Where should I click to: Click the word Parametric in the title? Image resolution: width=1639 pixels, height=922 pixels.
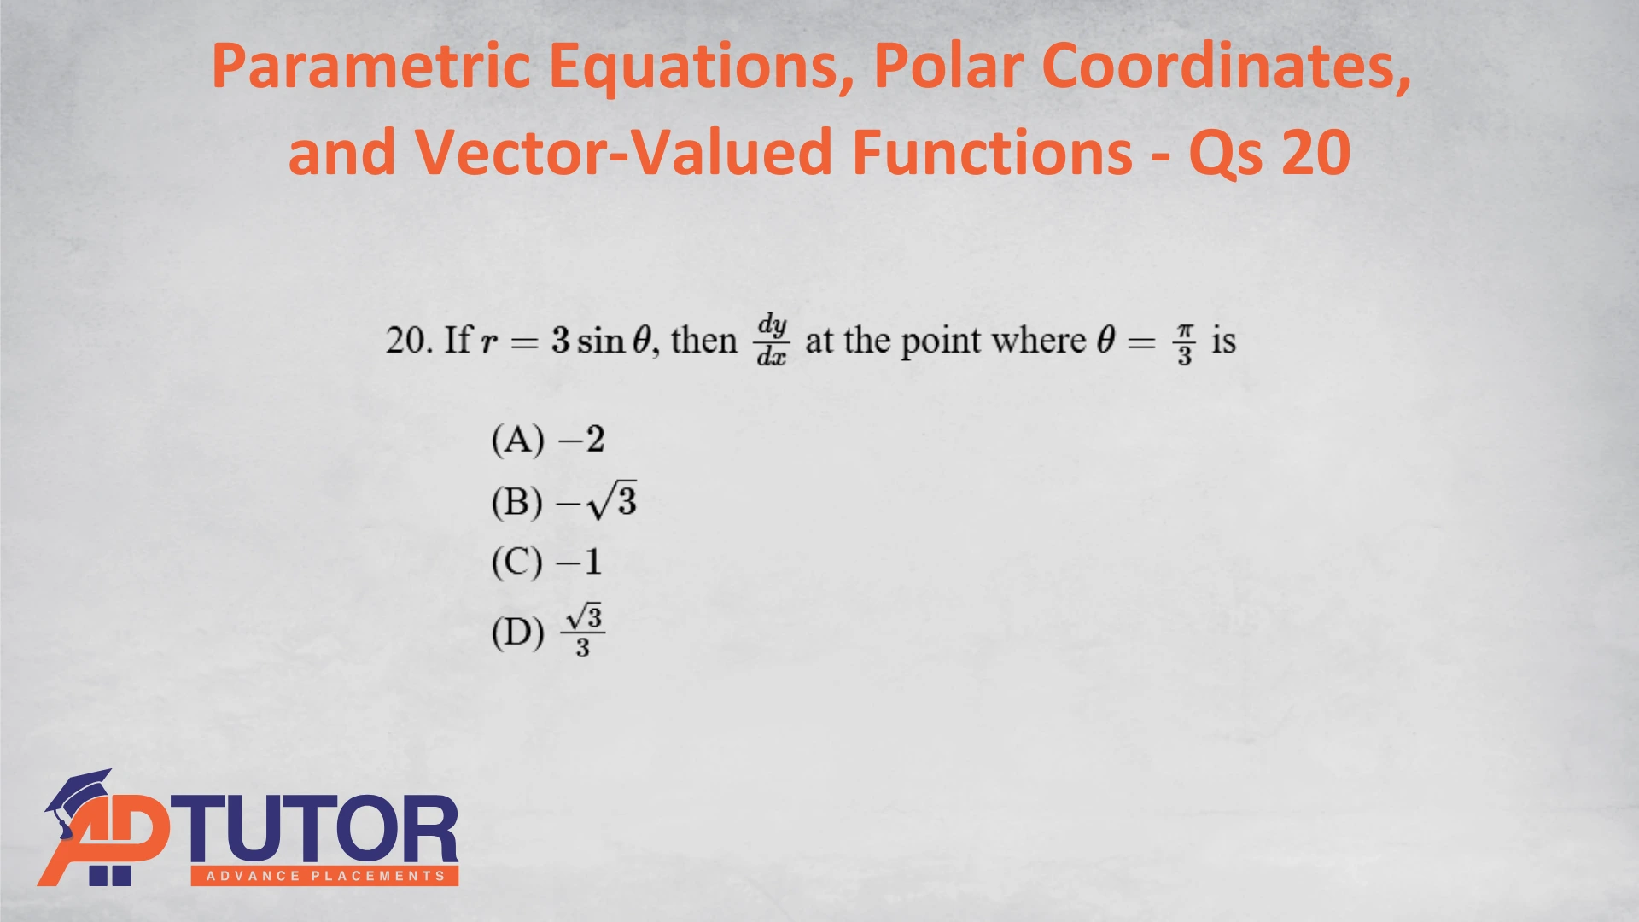point(371,67)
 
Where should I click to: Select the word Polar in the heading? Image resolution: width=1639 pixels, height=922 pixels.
point(948,67)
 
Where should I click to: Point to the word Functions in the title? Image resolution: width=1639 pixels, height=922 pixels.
point(993,153)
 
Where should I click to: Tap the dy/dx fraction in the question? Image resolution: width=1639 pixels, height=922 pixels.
point(772,341)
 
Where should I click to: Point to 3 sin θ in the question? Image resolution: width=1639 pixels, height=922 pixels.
point(602,341)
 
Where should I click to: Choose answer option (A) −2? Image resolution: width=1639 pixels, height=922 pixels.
point(548,440)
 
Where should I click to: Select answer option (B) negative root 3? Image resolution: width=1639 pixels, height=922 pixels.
point(563,501)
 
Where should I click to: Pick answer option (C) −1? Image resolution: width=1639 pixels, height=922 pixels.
point(546,562)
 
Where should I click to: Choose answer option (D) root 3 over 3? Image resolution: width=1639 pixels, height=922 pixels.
point(548,632)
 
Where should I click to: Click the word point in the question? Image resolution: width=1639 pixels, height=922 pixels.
point(941,341)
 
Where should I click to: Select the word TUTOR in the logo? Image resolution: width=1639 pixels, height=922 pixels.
point(315,830)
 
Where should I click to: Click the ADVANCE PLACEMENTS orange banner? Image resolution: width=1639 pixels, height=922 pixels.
point(324,876)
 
